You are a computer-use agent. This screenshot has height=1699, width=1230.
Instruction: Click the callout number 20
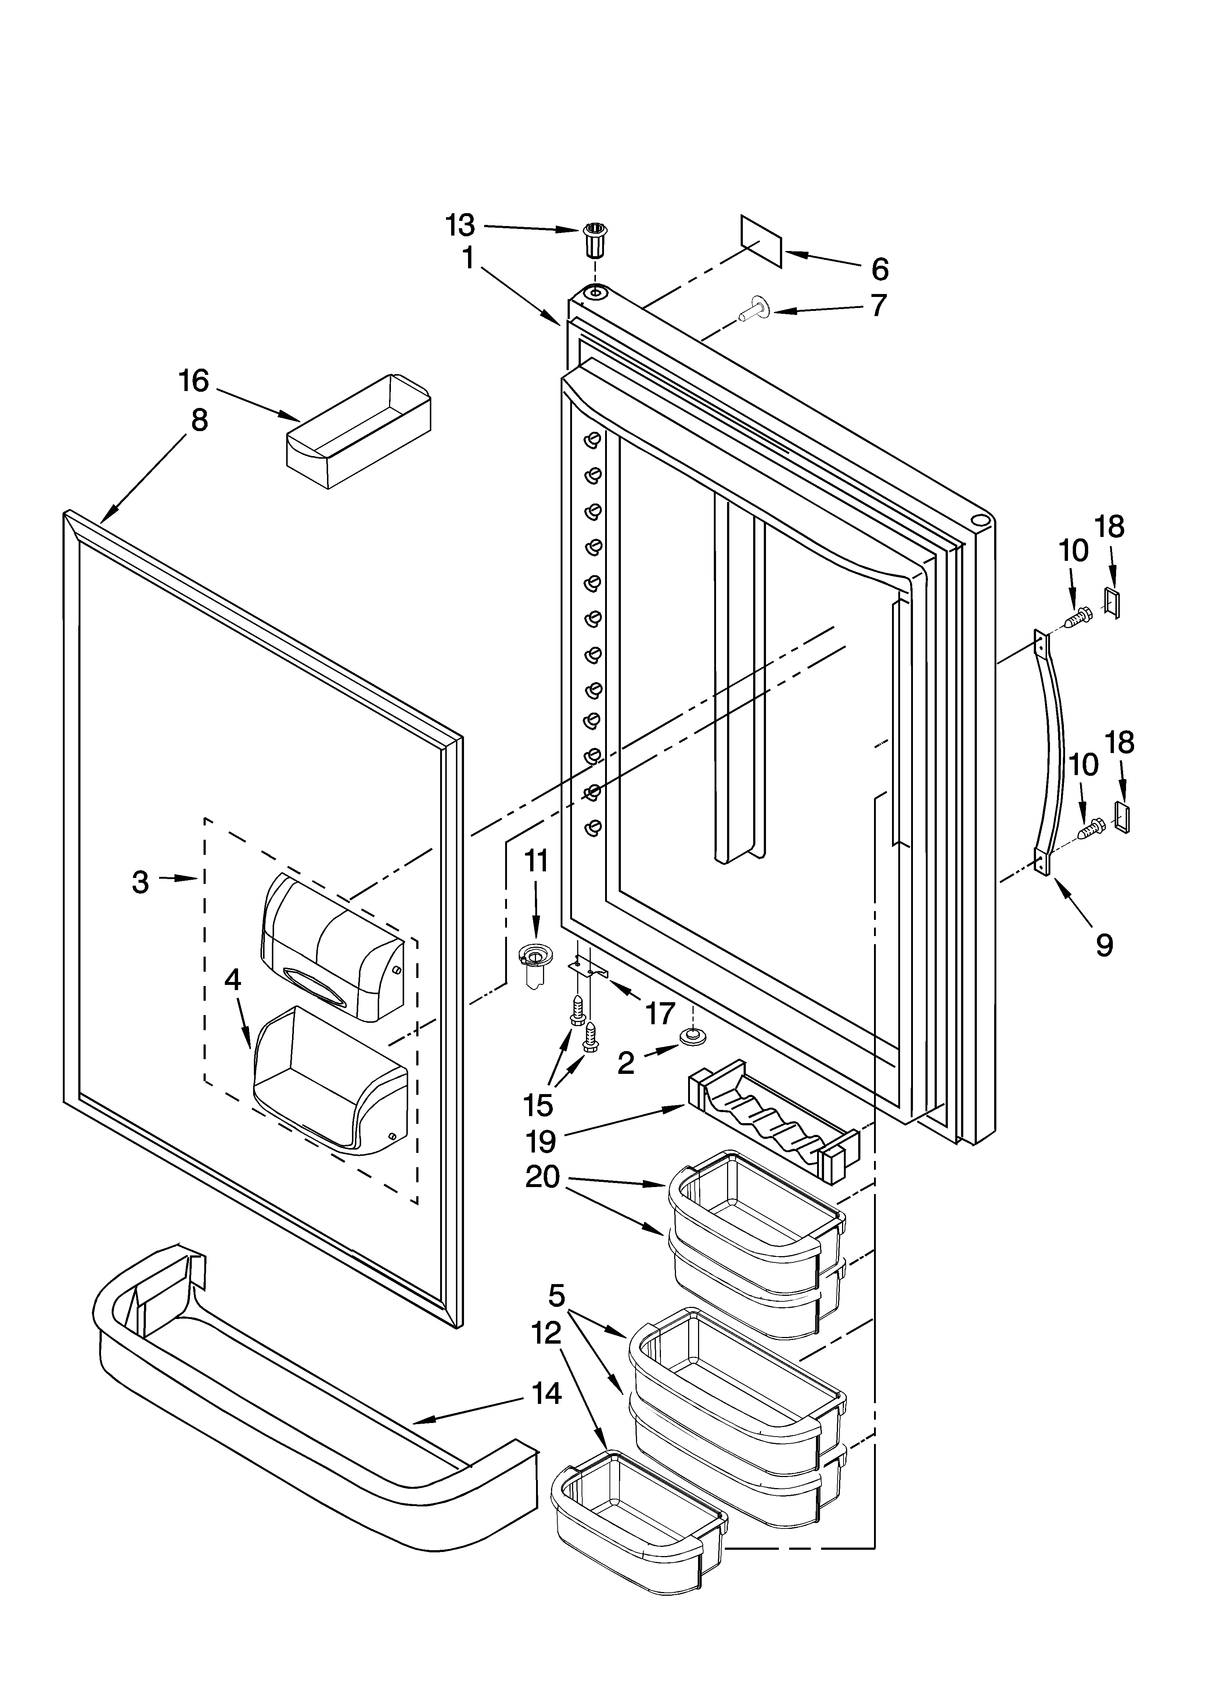pos(542,1177)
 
